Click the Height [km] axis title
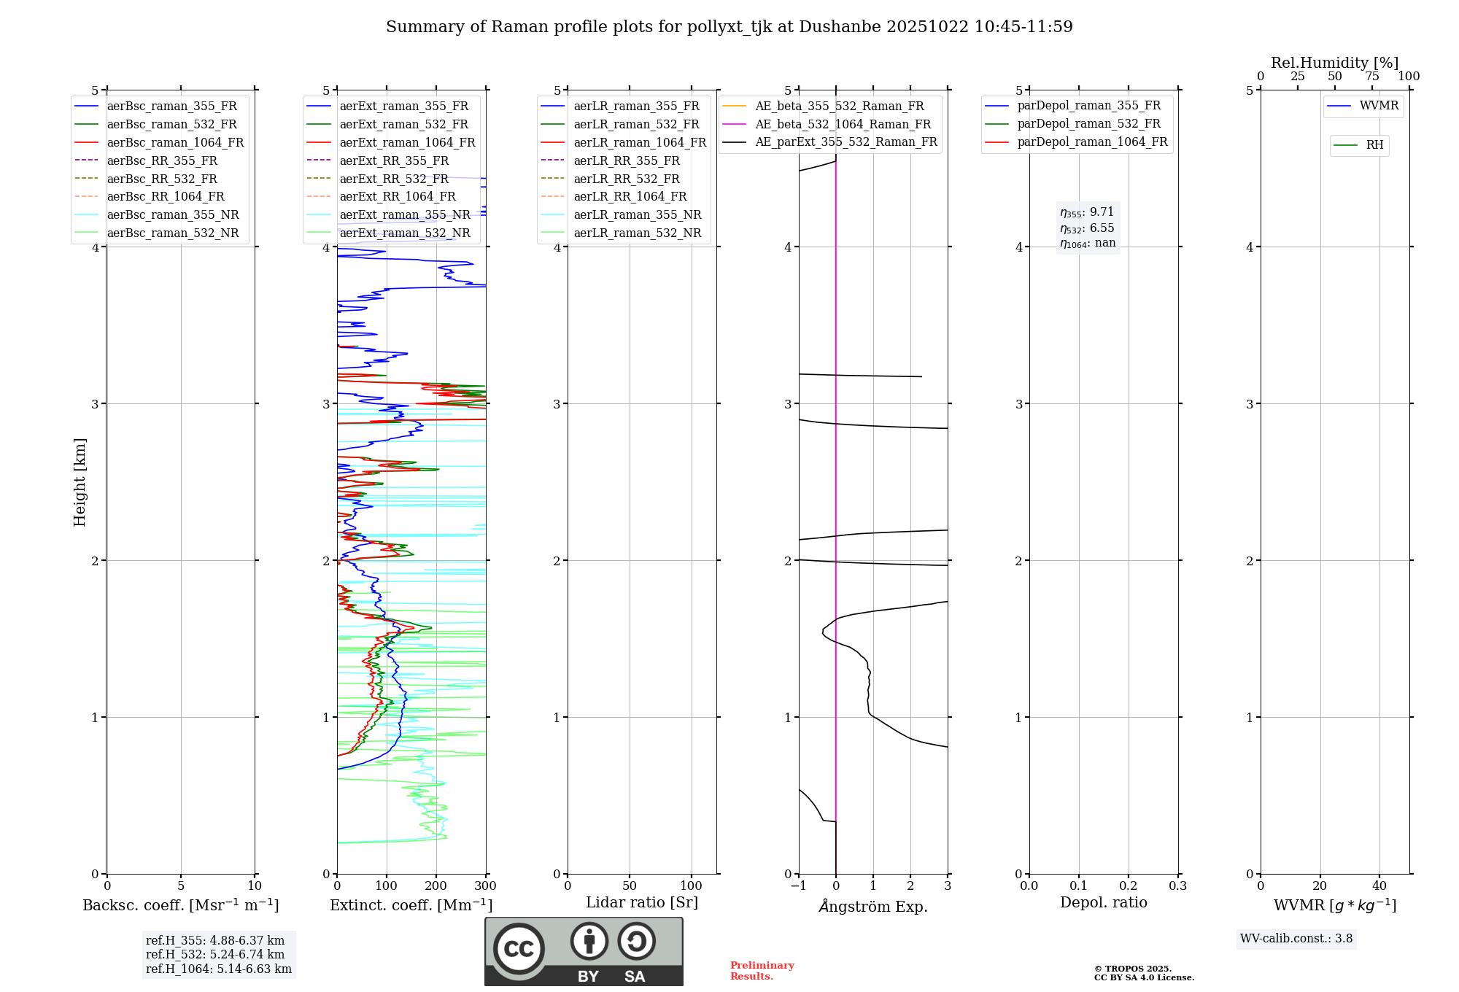pyautogui.click(x=80, y=482)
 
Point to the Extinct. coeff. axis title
pyautogui.click(x=411, y=905)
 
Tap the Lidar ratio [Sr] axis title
pyautogui.click(x=642, y=902)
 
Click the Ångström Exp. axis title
pyautogui.click(x=873, y=907)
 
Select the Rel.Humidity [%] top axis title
pyautogui.click(x=1334, y=63)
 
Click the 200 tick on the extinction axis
pyautogui.click(x=436, y=886)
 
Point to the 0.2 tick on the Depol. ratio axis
pyautogui.click(x=1128, y=886)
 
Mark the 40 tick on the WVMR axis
pyautogui.click(x=1379, y=886)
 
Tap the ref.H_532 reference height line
pyautogui.click(x=215, y=955)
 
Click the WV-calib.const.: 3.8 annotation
pyautogui.click(x=1296, y=939)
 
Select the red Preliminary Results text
pyautogui.click(x=762, y=971)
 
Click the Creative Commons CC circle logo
pyautogui.click(x=519, y=948)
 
